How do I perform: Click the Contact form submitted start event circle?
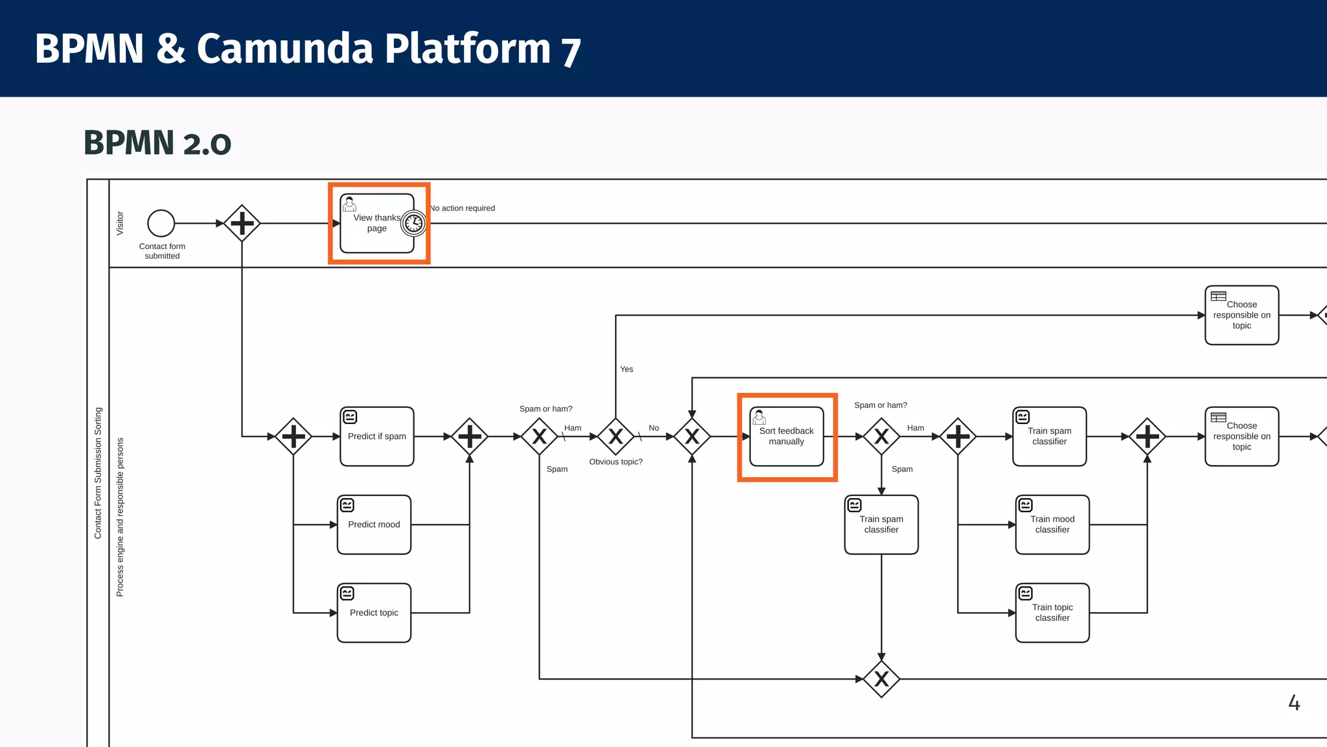pyautogui.click(x=161, y=223)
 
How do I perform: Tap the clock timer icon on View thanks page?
pyautogui.click(x=413, y=224)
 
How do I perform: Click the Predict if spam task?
pyautogui.click(x=376, y=436)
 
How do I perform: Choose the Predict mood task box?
pyautogui.click(x=374, y=525)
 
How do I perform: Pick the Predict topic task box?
pyautogui.click(x=374, y=613)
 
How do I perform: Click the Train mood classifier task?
pyautogui.click(x=1052, y=525)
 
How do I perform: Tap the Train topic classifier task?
pyautogui.click(x=1052, y=613)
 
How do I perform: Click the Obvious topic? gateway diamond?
pyautogui.click(x=616, y=436)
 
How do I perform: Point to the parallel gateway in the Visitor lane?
pyautogui.click(x=242, y=223)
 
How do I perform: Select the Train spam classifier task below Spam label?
pyautogui.click(x=881, y=525)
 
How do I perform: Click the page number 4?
pyautogui.click(x=1294, y=703)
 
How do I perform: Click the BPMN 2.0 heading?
pyautogui.click(x=157, y=143)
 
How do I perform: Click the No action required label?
pyautogui.click(x=463, y=208)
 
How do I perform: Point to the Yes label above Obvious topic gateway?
pyautogui.click(x=627, y=369)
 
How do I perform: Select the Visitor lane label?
pyautogui.click(x=120, y=223)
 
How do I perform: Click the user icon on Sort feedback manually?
pyautogui.click(x=759, y=417)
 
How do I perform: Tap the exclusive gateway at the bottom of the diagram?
pyautogui.click(x=881, y=679)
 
